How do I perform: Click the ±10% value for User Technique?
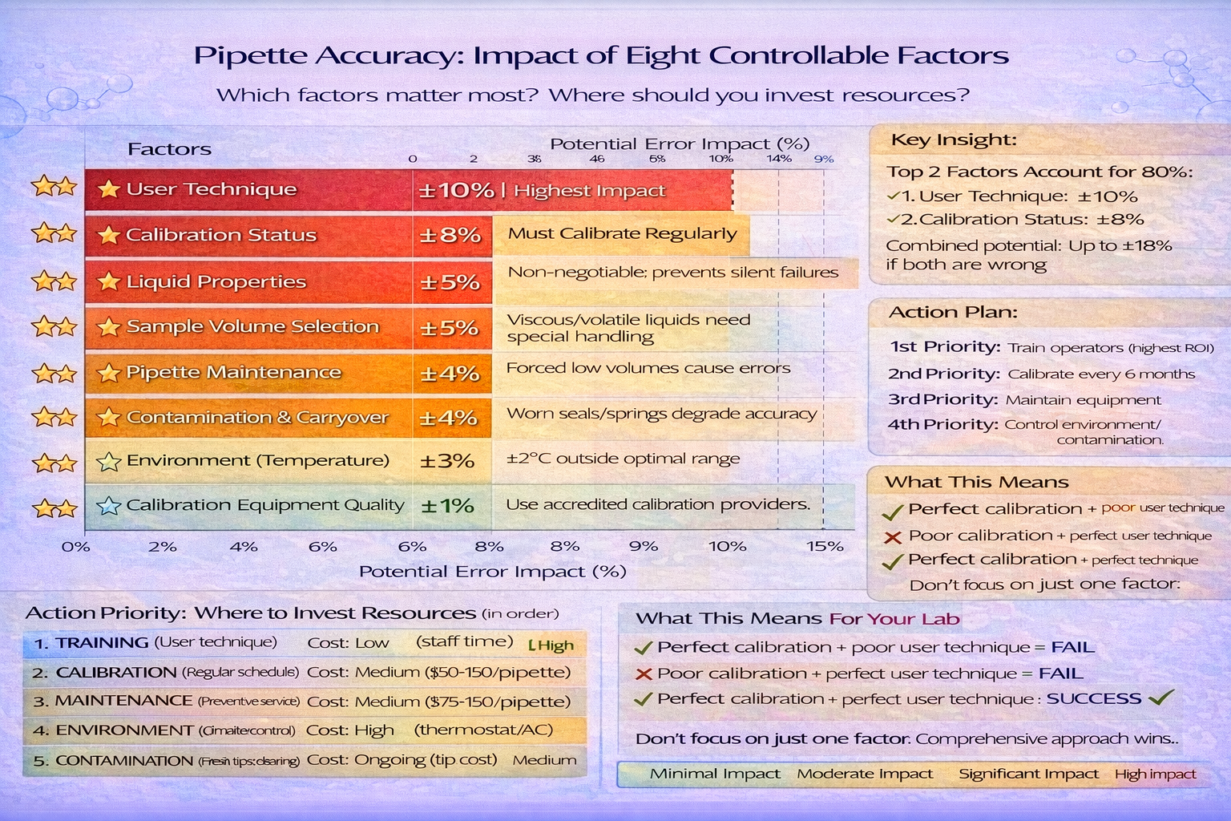pos(455,191)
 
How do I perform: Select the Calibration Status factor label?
pos(220,235)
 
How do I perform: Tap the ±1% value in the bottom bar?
pos(447,506)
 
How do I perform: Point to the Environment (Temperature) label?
pos(257,460)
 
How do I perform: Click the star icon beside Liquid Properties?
pos(108,281)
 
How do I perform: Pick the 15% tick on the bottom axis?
pos(825,547)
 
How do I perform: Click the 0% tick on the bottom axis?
pos(76,547)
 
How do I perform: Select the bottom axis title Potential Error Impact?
pos(492,572)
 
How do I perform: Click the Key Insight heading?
pos(954,140)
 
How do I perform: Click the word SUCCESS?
pos(1093,698)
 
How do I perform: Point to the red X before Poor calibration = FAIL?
pos(643,674)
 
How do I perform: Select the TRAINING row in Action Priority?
pos(102,643)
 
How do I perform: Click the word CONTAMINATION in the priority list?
pos(124,760)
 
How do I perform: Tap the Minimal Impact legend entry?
pos(715,774)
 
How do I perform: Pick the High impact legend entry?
pos(1155,774)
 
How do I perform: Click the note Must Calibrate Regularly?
pos(622,233)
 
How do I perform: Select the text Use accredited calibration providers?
pos(658,504)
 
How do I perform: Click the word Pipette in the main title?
pos(250,55)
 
